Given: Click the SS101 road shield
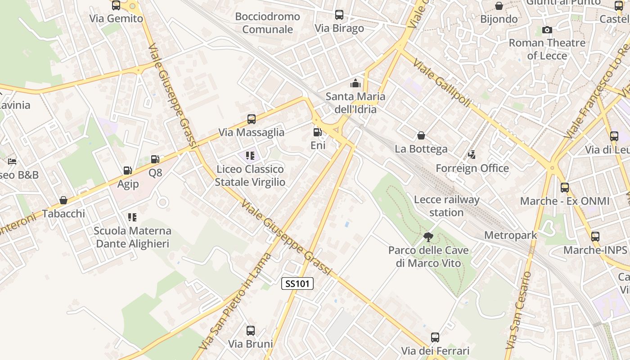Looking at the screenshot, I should [x=297, y=283].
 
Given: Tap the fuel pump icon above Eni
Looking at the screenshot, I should [x=317, y=132].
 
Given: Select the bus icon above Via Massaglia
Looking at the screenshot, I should [x=252, y=119].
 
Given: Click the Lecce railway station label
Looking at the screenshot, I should [x=446, y=206].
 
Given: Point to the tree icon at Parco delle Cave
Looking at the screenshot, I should [x=428, y=237].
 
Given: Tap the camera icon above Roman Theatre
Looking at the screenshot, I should [x=547, y=30].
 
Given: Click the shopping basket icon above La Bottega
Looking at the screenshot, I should [x=421, y=135].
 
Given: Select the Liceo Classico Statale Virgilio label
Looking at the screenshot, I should [x=250, y=175].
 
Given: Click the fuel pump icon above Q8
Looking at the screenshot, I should [x=155, y=159].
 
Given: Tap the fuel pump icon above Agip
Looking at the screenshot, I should [x=127, y=171].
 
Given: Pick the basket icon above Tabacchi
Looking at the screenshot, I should [x=63, y=200].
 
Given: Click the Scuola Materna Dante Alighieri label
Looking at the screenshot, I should [x=133, y=237].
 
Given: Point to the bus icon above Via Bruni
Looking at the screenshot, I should [x=251, y=331].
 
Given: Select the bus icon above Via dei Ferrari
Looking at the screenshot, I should [x=435, y=337].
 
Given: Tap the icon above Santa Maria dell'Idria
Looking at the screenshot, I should [x=355, y=83].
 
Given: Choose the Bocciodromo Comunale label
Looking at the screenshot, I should [x=268, y=23].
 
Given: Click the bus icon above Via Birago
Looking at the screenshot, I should [x=339, y=15].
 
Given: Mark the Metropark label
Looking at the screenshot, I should [x=511, y=235].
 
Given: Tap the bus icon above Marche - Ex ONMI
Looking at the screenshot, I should [x=565, y=188].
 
